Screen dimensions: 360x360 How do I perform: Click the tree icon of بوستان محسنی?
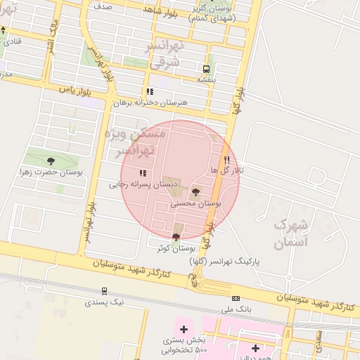tap(196, 191)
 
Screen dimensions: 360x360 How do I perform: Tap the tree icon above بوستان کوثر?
tap(176, 236)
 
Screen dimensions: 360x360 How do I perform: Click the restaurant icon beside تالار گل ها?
tap(226, 160)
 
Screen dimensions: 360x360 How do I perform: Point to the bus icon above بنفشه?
tap(206, 69)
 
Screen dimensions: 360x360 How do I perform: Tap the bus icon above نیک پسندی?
tap(104, 290)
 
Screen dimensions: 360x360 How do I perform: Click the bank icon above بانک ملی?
tap(236, 298)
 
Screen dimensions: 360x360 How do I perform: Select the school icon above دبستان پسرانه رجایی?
tap(143, 172)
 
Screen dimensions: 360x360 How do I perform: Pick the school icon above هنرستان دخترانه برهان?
tap(150, 91)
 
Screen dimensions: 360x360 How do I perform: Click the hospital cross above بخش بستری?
tap(184, 329)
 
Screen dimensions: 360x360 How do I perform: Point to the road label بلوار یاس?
tap(76, 90)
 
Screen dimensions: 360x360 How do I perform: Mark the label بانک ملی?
tap(236, 309)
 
